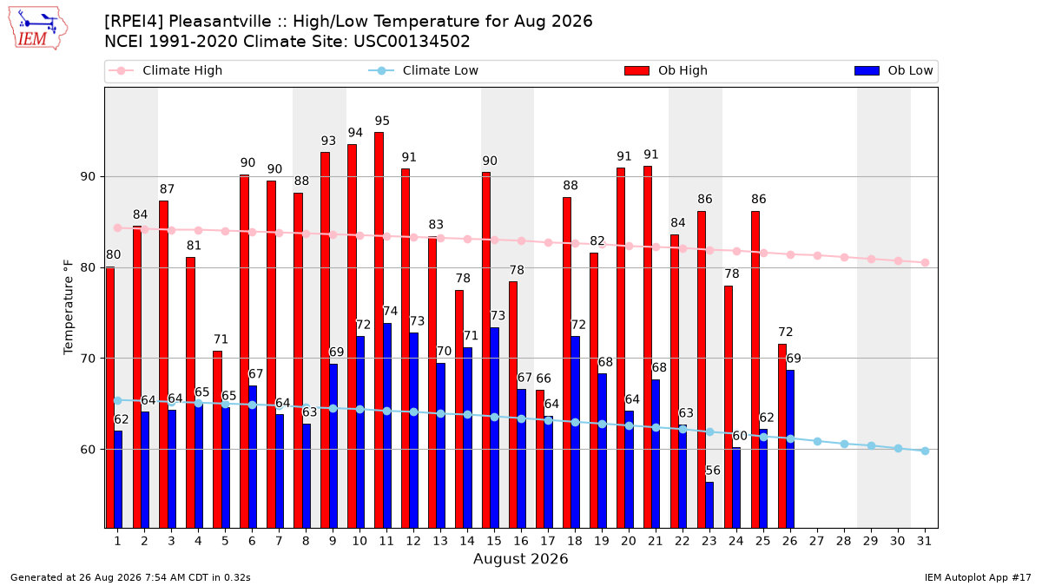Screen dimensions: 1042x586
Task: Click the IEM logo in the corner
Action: point(38,28)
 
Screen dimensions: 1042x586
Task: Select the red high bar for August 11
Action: point(379,330)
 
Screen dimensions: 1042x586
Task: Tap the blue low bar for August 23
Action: point(709,504)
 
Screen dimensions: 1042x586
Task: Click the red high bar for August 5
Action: point(218,439)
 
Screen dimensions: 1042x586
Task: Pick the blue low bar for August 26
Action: point(790,449)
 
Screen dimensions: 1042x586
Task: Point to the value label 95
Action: point(382,121)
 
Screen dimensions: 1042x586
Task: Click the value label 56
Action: point(713,471)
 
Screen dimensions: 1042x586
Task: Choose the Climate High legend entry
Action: point(166,70)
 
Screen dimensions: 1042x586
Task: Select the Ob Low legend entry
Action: point(894,70)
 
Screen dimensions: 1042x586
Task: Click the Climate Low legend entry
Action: point(424,70)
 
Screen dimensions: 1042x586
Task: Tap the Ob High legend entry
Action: point(666,70)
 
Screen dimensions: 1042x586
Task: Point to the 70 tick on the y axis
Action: point(88,359)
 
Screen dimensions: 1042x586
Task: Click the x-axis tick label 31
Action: point(924,541)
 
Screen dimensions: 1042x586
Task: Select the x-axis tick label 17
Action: point(548,541)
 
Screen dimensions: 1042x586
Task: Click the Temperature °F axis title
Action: point(69,307)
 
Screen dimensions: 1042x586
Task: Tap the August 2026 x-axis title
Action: point(521,558)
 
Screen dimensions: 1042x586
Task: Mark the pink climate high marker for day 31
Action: point(926,263)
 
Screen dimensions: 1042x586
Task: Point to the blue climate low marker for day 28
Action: point(844,444)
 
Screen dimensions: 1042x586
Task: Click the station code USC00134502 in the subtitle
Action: point(412,42)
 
